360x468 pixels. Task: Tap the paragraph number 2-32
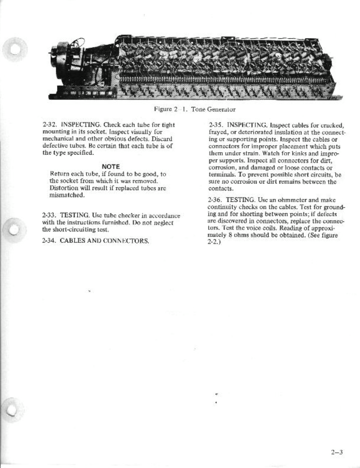(x=50, y=125)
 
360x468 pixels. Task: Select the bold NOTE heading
(x=111, y=167)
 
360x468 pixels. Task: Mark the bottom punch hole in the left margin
(x=13, y=408)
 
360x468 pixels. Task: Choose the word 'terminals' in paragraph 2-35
(x=220, y=174)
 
